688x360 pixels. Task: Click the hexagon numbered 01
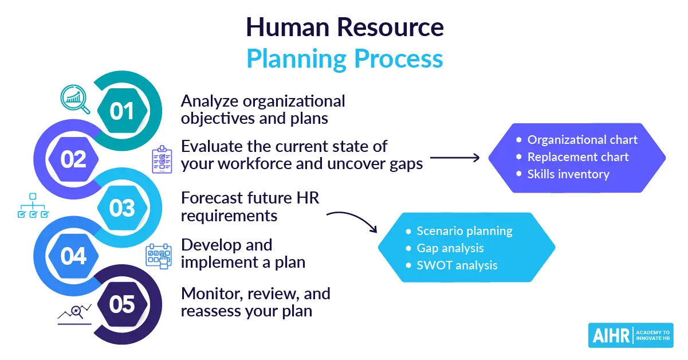pyautogui.click(x=122, y=110)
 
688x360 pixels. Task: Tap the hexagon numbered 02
pyautogui.click(x=73, y=159)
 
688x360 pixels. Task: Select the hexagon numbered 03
pyautogui.click(x=122, y=208)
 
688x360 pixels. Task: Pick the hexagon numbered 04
pyautogui.click(x=73, y=256)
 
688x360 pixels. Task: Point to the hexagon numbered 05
pyautogui.click(x=122, y=304)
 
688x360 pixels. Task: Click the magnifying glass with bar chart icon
pyautogui.click(x=75, y=99)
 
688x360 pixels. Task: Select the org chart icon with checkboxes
pyautogui.click(x=33, y=206)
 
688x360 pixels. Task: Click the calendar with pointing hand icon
pyautogui.click(x=159, y=256)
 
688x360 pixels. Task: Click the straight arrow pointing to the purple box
pyautogui.click(x=455, y=157)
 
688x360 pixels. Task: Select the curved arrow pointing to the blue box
pyautogui.click(x=352, y=221)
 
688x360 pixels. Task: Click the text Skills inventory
pyautogui.click(x=568, y=174)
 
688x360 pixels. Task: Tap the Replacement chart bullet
pyautogui.click(x=577, y=156)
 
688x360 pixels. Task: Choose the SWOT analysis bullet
pyautogui.click(x=457, y=265)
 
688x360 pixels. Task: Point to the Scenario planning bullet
pyautogui.click(x=464, y=231)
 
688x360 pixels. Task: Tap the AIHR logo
pyautogui.click(x=630, y=335)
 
